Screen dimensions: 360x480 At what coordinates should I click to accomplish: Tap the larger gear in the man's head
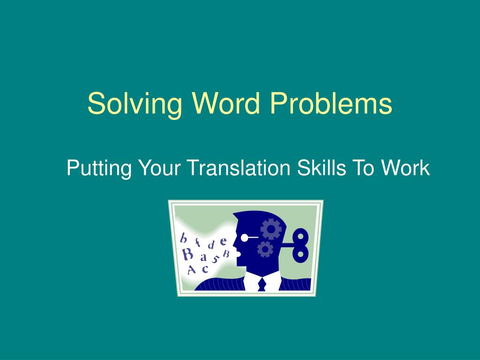271,229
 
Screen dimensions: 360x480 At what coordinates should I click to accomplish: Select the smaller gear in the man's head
265,248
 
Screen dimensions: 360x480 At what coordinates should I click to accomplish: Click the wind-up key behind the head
299,245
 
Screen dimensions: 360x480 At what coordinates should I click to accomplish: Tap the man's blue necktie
262,284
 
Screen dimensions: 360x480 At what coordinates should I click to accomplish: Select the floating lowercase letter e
224,241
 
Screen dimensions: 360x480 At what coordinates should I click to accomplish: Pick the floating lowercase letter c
205,269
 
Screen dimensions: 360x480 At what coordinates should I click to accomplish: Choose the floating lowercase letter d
211,245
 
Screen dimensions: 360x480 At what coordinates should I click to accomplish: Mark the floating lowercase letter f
198,242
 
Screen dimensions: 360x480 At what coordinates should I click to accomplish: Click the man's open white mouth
238,255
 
